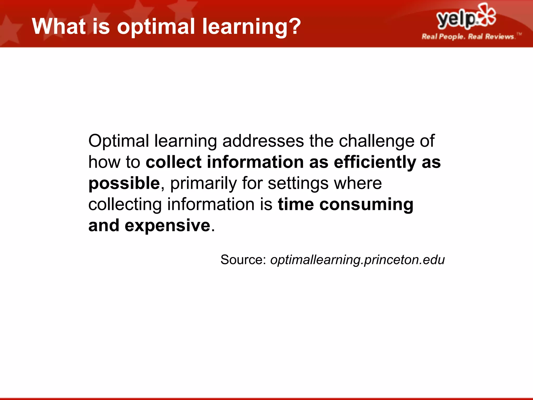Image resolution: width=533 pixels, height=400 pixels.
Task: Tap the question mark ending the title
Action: (x=294, y=26)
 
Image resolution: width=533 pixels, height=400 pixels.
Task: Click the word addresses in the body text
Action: (x=263, y=141)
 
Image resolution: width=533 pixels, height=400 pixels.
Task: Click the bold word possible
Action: (x=124, y=183)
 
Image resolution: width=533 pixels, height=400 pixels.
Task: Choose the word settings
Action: (x=298, y=183)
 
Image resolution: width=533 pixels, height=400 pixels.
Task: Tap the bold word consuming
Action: (x=366, y=205)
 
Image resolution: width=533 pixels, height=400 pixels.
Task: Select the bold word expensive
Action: (x=167, y=226)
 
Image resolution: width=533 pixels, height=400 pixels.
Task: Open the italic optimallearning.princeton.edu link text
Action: (x=357, y=260)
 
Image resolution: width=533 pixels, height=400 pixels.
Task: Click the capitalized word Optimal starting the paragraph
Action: (x=119, y=141)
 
